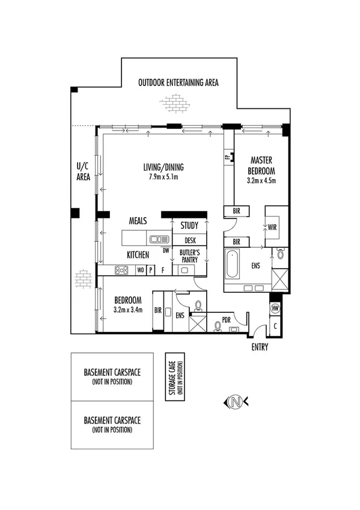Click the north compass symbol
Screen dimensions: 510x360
tap(235, 402)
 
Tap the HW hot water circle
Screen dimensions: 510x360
tap(276, 308)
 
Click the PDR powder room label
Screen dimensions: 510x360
tap(227, 320)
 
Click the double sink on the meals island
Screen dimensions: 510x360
tap(159, 238)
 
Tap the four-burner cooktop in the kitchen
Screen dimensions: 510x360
tap(121, 271)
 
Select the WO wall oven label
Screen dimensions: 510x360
tap(140, 271)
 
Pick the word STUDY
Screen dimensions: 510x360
tap(189, 226)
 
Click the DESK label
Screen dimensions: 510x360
tap(190, 239)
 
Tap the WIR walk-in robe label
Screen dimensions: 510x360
tap(271, 227)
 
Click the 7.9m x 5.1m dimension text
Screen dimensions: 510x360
tap(163, 177)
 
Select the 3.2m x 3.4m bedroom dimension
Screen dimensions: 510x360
tap(128, 311)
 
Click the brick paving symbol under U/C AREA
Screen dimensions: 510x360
tap(83, 279)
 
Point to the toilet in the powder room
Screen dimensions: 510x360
tap(218, 327)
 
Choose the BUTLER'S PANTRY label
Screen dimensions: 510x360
tap(190, 255)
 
